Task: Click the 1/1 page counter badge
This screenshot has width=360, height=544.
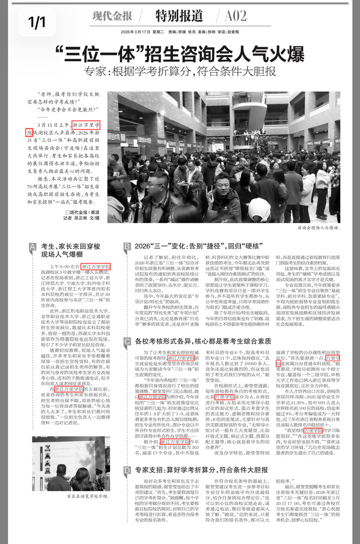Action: [x=37, y=21]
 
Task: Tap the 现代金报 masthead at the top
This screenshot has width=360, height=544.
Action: [x=112, y=16]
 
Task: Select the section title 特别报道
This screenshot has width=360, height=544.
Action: [x=179, y=16]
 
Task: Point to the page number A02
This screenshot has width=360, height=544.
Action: [x=236, y=16]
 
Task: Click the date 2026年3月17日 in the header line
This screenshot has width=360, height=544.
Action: [x=137, y=32]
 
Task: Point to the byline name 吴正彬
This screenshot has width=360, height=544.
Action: [x=82, y=218]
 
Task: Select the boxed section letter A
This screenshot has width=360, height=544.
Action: [x=32, y=246]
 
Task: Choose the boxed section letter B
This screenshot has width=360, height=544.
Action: [x=127, y=246]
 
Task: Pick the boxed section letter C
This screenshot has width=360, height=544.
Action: [x=127, y=342]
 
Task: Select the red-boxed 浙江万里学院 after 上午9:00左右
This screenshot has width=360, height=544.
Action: [x=96, y=266]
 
